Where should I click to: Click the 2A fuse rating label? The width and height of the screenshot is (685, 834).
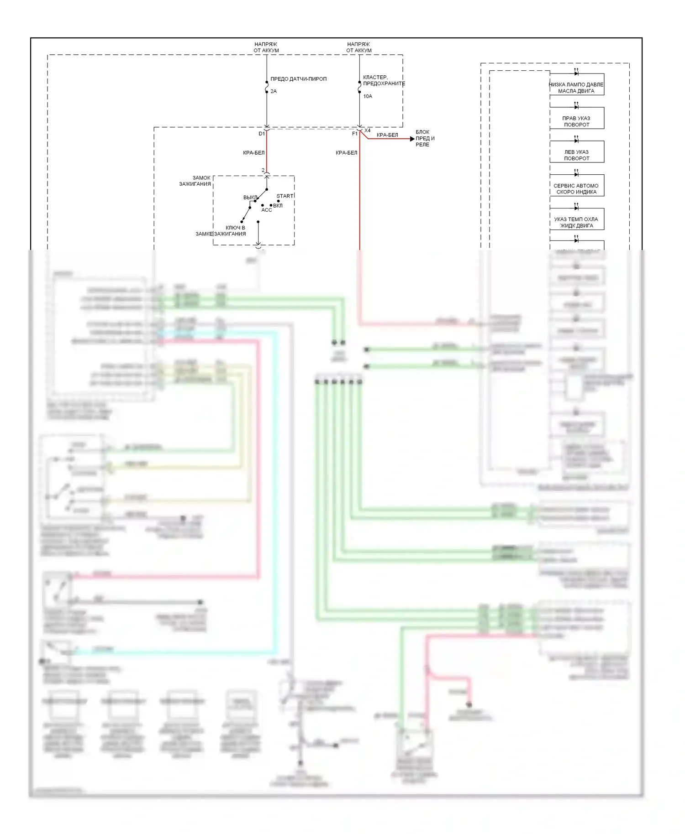[x=274, y=91]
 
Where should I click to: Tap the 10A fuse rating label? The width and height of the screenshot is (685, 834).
[x=368, y=96]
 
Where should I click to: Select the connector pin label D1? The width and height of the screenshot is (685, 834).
[x=262, y=134]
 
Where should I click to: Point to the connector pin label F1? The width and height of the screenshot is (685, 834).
[x=355, y=134]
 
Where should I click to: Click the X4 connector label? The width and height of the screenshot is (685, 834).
[x=368, y=131]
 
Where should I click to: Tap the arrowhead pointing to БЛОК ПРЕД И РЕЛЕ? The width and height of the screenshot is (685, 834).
[x=412, y=139]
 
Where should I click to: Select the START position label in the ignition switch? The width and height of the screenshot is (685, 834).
[x=285, y=196]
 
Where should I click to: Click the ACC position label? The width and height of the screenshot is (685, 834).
[x=267, y=210]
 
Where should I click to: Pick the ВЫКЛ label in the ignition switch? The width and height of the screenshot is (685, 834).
[x=250, y=198]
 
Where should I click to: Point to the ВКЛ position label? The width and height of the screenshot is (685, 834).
[x=278, y=205]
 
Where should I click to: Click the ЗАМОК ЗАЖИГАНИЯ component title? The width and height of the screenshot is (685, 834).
[x=195, y=181]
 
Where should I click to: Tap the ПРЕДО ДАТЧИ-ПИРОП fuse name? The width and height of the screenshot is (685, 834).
[x=298, y=79]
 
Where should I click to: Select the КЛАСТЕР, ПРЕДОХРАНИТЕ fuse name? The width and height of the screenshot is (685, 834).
[x=384, y=81]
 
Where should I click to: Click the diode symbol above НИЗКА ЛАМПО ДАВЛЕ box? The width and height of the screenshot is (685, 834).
[x=576, y=73]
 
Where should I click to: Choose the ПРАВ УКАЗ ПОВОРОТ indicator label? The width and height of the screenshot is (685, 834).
[x=576, y=121]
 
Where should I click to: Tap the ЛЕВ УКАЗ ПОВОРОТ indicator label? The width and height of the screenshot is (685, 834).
[x=576, y=155]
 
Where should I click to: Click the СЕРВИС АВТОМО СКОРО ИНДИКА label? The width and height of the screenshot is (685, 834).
[x=576, y=189]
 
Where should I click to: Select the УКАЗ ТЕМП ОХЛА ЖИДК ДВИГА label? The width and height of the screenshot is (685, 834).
[x=576, y=222]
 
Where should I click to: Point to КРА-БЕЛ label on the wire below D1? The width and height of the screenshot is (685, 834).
[x=254, y=153]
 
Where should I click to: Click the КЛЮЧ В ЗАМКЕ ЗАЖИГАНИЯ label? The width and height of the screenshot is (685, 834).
[x=221, y=231]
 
